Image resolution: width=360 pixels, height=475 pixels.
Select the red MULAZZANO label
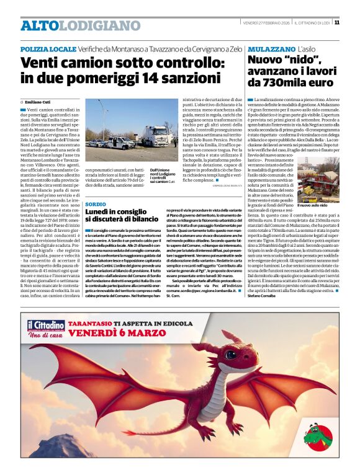click(271, 48)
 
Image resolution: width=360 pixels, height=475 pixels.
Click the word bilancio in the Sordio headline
click(141, 219)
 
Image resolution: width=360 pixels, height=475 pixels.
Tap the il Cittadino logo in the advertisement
click(46, 328)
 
